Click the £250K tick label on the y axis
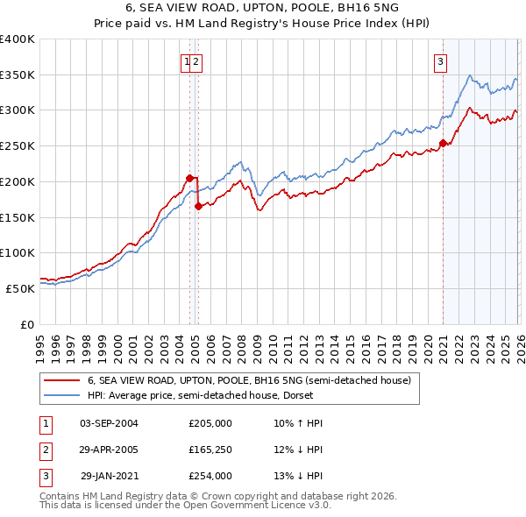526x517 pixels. click(18, 146)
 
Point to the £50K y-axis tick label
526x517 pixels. click(20, 288)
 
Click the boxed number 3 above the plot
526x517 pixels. click(439, 61)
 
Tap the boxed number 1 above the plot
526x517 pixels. click(187, 61)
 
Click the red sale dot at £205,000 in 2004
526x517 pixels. click(189, 178)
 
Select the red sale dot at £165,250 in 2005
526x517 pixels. click(199, 207)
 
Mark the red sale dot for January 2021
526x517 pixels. click(443, 143)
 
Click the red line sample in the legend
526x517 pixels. click(62, 381)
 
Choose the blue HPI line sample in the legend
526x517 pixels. click(62, 396)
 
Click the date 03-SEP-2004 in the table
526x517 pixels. click(109, 423)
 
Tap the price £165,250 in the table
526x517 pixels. click(210, 450)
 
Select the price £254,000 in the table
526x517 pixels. click(210, 476)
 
